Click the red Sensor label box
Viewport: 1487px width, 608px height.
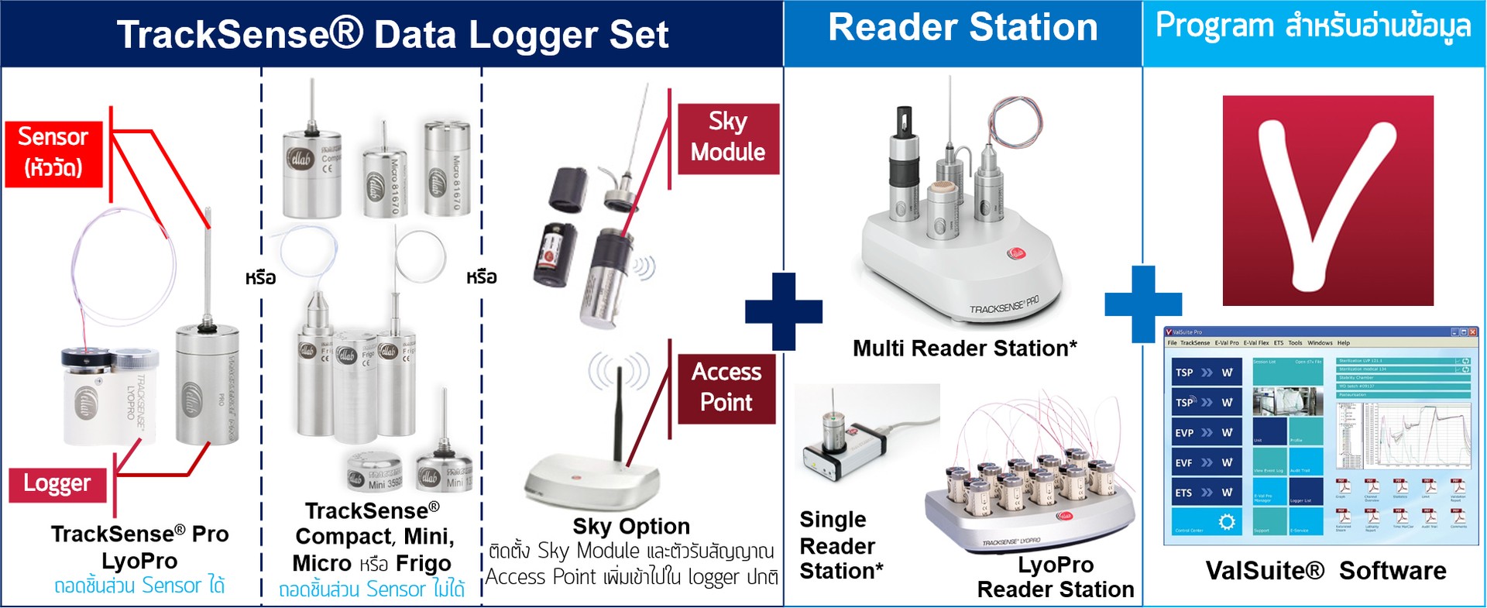click(53, 153)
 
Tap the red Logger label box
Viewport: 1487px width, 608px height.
click(57, 484)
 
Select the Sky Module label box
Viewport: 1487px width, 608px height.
click(728, 138)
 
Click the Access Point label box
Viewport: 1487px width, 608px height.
click(726, 388)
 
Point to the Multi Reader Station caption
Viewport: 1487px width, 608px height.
click(964, 349)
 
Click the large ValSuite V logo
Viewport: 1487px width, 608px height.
click(1327, 201)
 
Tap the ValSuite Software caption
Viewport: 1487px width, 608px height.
click(1326, 571)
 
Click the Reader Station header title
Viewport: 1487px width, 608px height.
click(963, 28)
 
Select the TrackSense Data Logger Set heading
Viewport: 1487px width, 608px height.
click(392, 35)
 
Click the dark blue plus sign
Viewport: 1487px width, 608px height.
click(783, 311)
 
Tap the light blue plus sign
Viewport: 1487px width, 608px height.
click(1143, 304)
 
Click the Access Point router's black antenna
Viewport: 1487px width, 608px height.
click(618, 414)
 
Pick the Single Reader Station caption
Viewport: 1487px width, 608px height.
click(841, 545)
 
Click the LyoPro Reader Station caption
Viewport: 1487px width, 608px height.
click(1055, 577)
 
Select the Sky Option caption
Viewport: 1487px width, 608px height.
click(631, 527)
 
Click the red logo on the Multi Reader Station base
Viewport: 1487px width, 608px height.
click(1016, 254)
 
